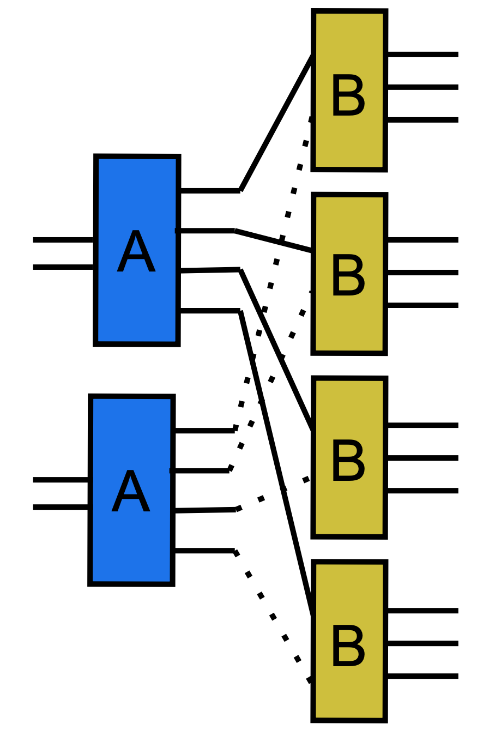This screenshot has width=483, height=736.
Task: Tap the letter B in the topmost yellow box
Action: pyautogui.click(x=348, y=95)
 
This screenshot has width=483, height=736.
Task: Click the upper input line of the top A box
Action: pyautogui.click(x=63, y=240)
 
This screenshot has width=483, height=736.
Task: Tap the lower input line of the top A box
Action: pyautogui.click(x=63, y=267)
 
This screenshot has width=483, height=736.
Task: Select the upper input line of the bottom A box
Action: pyautogui.click(x=61, y=480)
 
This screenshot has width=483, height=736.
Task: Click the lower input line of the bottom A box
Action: pyautogui.click(x=61, y=507)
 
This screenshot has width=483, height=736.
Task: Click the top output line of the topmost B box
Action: pyautogui.click(x=422, y=55)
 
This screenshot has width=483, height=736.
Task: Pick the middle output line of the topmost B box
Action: pyautogui.click(x=422, y=87)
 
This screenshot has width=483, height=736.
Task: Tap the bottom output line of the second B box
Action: pyautogui.click(x=422, y=305)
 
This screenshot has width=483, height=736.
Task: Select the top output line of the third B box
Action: pyautogui.click(x=422, y=425)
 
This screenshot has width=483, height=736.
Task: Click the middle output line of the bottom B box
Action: pyautogui.click(x=422, y=643)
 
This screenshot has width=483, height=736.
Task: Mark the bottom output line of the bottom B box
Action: pyautogui.click(x=422, y=676)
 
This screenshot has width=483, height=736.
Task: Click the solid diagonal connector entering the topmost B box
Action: pyautogui.click(x=276, y=123)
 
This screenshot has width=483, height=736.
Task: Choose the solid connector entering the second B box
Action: pyautogui.click(x=273, y=240)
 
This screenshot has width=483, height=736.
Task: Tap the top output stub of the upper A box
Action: pyautogui.click(x=209, y=190)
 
